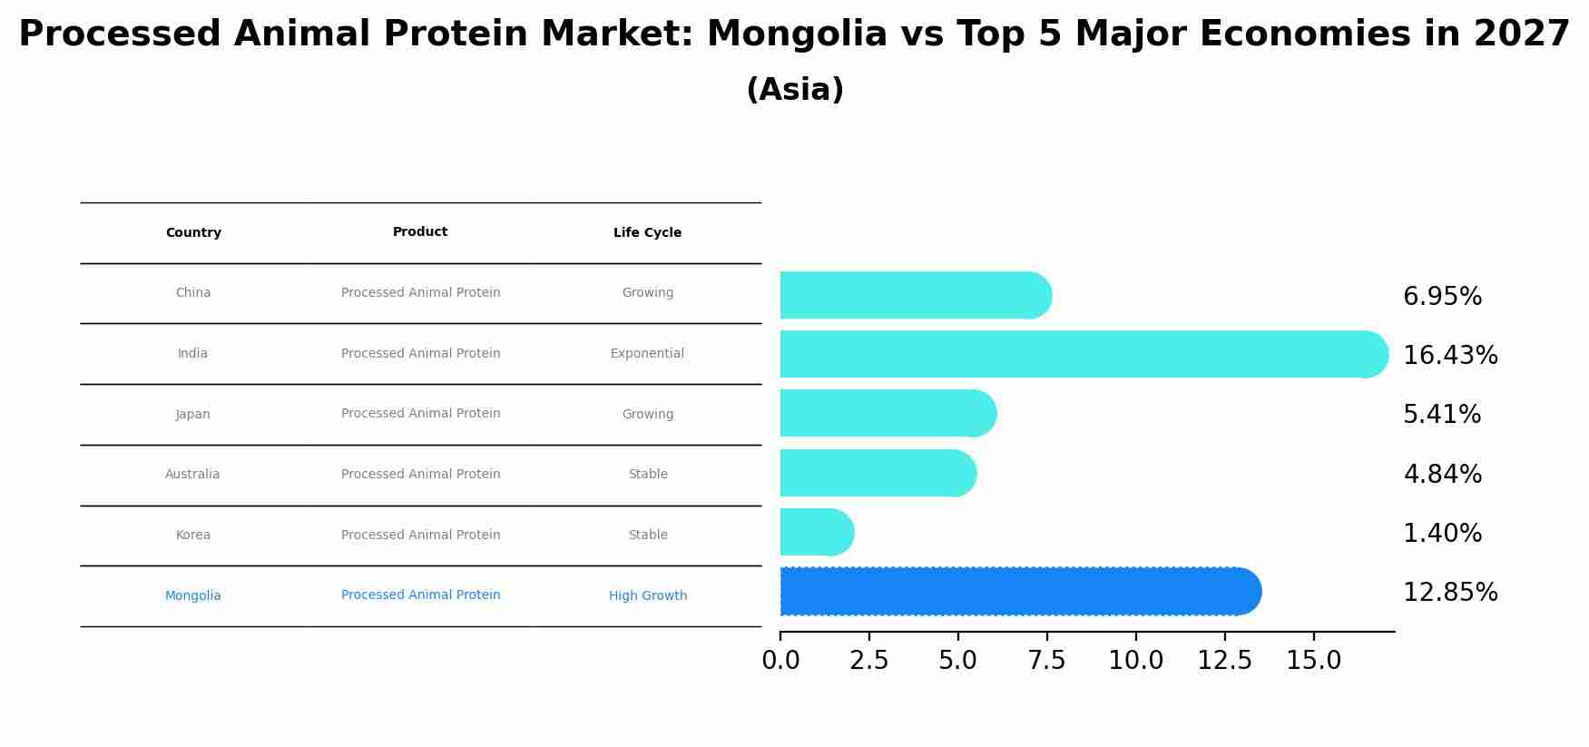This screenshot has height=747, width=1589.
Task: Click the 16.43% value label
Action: pyautogui.click(x=1450, y=356)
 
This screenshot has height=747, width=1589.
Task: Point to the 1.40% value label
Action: pyautogui.click(x=1442, y=534)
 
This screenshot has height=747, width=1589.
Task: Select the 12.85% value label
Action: pyautogui.click(x=1450, y=593)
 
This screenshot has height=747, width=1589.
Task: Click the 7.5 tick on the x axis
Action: pyautogui.click(x=1046, y=661)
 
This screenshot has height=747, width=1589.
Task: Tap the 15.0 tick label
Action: pyautogui.click(x=1313, y=661)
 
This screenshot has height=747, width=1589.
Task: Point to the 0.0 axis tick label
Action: pyautogui.click(x=780, y=661)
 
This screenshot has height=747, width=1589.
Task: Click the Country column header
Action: pyautogui.click(x=193, y=233)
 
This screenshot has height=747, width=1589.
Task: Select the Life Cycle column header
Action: pyautogui.click(x=647, y=233)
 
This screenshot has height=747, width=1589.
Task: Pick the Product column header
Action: pyautogui.click(x=420, y=232)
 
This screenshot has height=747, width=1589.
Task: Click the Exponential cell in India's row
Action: pyautogui.click(x=647, y=354)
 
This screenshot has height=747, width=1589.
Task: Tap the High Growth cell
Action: pyautogui.click(x=648, y=596)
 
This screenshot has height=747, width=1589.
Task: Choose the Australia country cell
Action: pyautogui.click(x=192, y=475)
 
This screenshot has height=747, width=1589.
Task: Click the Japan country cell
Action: pyautogui.click(x=193, y=415)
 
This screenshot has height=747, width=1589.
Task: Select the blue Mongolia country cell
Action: pyautogui.click(x=193, y=596)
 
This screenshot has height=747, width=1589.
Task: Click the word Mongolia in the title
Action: pyautogui.click(x=796, y=34)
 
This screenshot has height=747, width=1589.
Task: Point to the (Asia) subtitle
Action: pyautogui.click(x=795, y=90)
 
